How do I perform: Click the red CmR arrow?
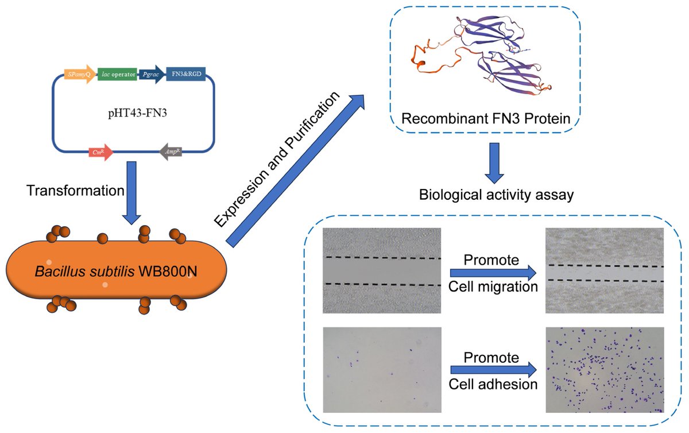[x=99, y=152]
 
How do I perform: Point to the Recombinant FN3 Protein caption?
[x=485, y=119]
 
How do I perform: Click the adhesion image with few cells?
[x=382, y=370]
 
